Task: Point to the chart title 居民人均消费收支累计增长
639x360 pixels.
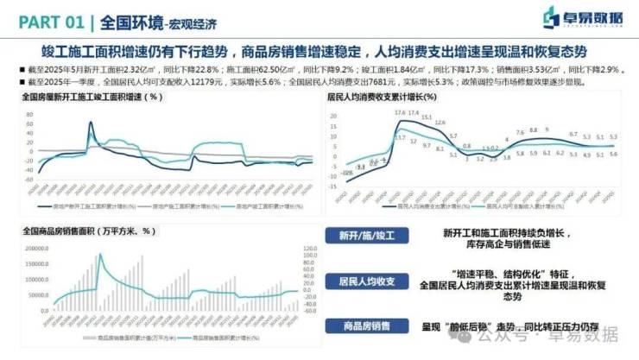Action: [383, 97]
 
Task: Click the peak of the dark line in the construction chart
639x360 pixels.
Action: [90, 123]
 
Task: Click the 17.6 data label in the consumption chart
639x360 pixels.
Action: [399, 113]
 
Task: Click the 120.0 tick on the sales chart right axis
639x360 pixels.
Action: [307, 249]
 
